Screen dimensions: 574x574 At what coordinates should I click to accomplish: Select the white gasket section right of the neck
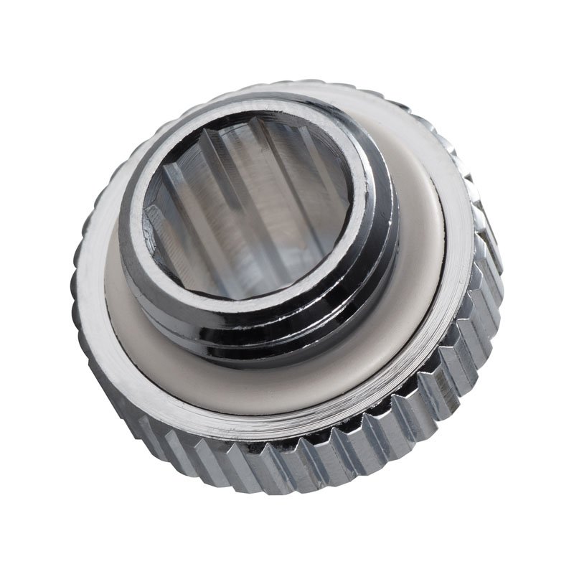click(423, 237)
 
